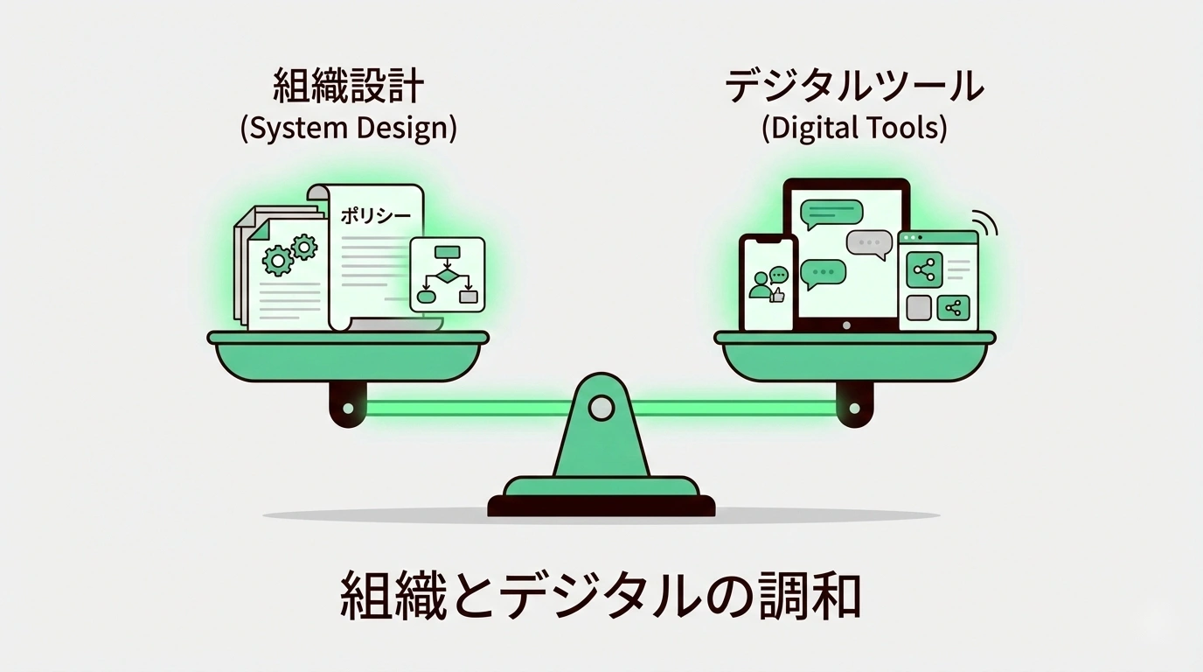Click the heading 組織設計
click(x=348, y=87)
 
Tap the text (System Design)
click(x=348, y=129)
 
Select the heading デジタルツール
click(x=855, y=87)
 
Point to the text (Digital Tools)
click(x=854, y=129)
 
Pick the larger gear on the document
click(x=279, y=259)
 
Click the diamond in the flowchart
click(x=447, y=276)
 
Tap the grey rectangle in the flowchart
click(x=469, y=296)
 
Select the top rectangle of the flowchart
click(x=447, y=253)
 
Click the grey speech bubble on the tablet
click(x=868, y=242)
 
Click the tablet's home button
click(x=845, y=325)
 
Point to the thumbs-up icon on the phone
click(x=776, y=295)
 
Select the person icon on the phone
click(x=759, y=284)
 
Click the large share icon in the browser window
click(x=924, y=270)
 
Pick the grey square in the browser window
click(x=919, y=308)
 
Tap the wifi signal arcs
click(x=987, y=223)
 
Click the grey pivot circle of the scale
click(x=601, y=407)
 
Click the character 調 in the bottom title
click(x=775, y=596)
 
